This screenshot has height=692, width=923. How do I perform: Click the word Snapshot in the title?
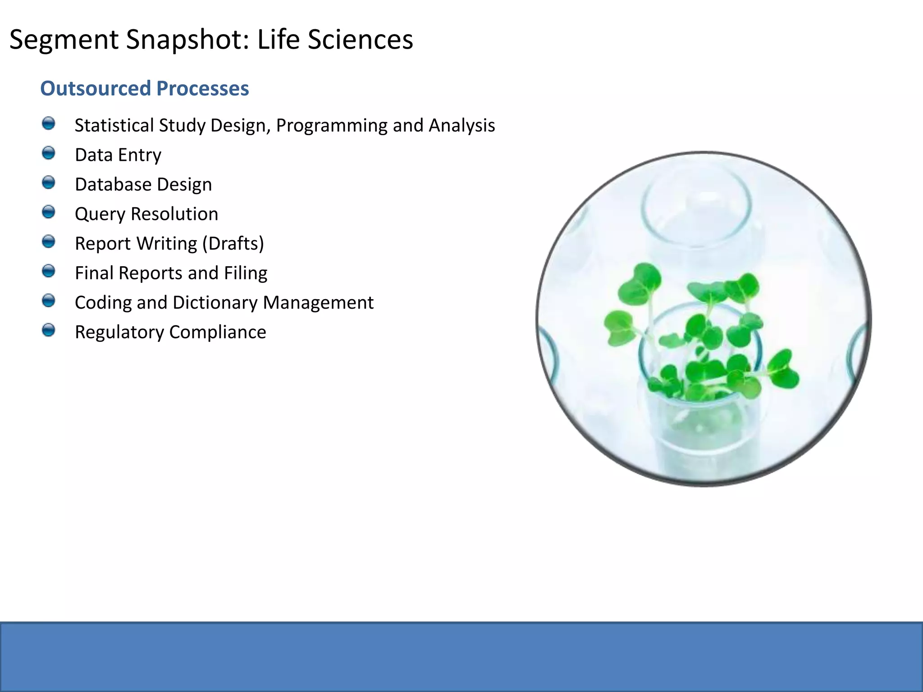coord(187,40)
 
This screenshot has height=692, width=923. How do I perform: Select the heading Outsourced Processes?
coord(144,88)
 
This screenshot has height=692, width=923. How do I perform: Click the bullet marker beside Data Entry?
coord(48,153)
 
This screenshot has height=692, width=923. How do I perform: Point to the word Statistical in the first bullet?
coord(114,125)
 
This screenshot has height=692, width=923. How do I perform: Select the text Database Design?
coord(143,185)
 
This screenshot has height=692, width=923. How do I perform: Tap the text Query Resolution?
coord(146,214)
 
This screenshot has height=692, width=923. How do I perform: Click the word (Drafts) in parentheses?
coord(233,244)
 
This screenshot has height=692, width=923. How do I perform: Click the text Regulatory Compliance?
coord(170,332)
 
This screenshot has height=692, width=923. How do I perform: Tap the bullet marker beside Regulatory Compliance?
coord(48,330)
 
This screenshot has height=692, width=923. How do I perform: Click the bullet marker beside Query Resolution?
coord(48,212)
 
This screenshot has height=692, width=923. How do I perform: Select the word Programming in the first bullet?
coord(332,125)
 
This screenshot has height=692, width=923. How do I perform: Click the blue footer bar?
coord(461,657)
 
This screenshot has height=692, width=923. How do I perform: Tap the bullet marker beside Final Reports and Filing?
coord(48,271)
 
